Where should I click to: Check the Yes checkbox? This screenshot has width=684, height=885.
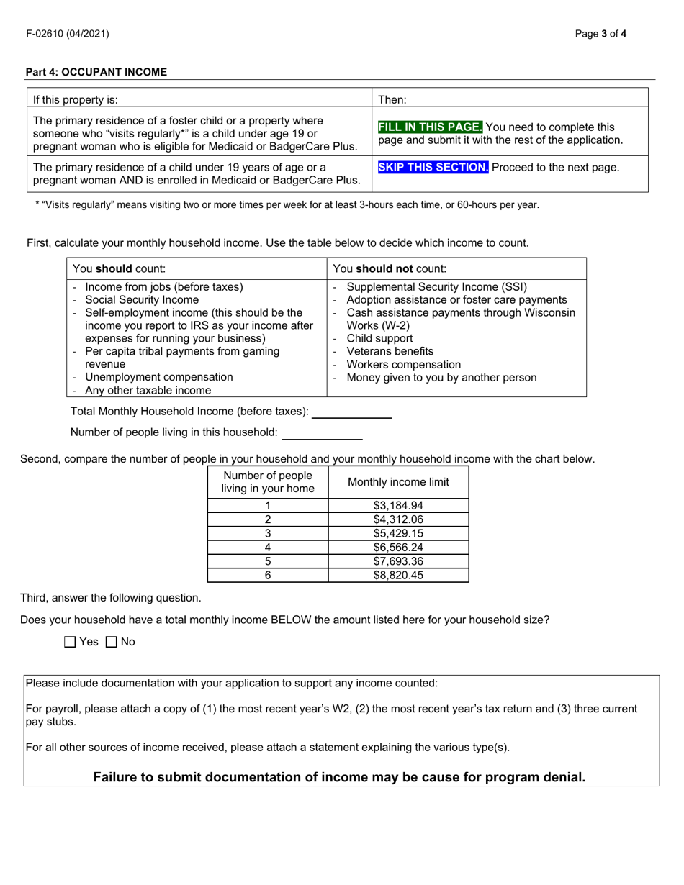click(70, 642)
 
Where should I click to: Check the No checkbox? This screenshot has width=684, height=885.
click(112, 642)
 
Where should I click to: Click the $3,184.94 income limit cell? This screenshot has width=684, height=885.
click(398, 505)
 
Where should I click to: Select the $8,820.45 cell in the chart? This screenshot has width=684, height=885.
click(398, 575)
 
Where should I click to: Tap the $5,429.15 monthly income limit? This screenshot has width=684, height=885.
click(398, 533)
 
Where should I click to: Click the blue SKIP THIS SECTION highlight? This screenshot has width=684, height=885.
click(433, 167)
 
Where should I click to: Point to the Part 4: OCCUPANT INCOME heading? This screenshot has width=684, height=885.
click(96, 72)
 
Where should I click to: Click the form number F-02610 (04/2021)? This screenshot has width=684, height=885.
click(68, 33)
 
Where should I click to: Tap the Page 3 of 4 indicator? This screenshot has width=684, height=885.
click(601, 33)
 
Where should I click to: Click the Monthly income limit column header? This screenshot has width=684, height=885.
click(398, 482)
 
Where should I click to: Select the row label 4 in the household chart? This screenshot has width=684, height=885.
click(268, 547)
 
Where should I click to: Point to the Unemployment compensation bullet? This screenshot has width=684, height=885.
click(158, 377)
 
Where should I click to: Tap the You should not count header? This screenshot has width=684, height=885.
click(389, 268)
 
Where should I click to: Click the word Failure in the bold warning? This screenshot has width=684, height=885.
click(119, 777)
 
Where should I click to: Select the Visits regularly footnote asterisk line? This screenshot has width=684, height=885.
click(287, 204)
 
